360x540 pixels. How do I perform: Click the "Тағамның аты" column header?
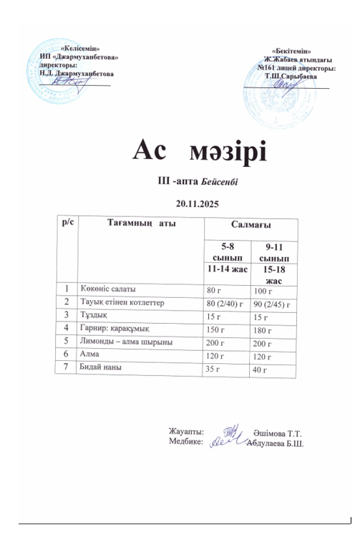tap(141, 224)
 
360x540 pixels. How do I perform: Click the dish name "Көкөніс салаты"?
tap(108, 289)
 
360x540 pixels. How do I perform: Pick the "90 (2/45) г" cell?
tap(275, 304)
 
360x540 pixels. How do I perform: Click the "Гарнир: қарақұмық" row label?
tap(115, 329)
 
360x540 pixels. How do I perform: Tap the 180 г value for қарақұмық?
tap(265, 330)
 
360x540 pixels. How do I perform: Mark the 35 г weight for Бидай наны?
tap(214, 368)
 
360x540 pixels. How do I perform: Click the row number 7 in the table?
tap(67, 367)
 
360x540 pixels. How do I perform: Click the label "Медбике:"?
tap(185, 443)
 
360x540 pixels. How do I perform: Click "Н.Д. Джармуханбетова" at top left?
tap(77, 74)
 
